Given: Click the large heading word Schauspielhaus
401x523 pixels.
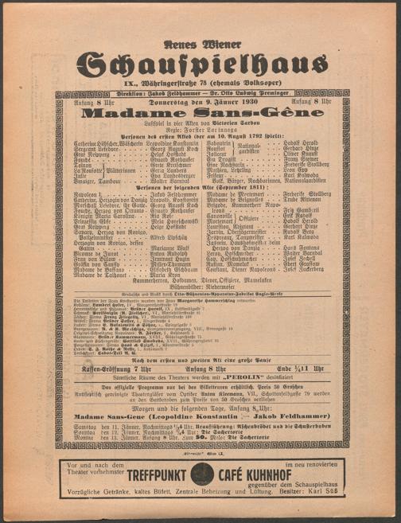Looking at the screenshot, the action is coord(200,64).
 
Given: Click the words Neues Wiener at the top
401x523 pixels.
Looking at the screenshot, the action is coord(199,37).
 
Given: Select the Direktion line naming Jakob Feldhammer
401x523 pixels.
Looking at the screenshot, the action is coord(200,92).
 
